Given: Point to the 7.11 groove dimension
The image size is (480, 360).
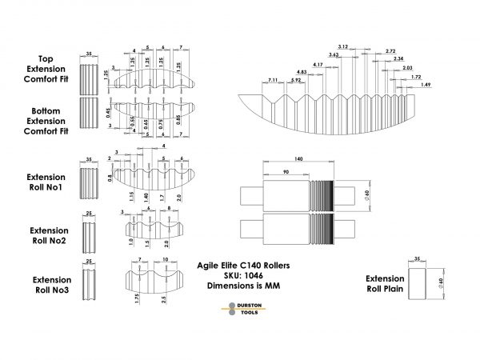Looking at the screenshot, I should point(273,80).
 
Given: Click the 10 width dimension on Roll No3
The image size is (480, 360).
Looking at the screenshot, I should point(164,260).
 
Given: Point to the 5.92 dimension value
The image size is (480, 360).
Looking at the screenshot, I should point(296,80).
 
